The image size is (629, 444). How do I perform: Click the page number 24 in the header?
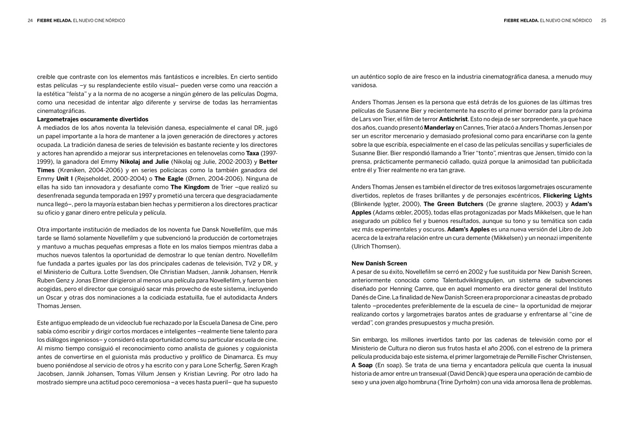30,20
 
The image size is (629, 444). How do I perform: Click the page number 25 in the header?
603,20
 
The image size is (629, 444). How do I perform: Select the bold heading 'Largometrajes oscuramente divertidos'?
92,119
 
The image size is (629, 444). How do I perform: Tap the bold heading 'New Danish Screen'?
379,263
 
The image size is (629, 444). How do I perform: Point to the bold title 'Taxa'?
253,153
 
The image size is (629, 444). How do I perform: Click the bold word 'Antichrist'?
453,119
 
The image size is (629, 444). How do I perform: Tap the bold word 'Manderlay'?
439,128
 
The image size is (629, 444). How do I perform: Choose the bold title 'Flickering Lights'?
567,196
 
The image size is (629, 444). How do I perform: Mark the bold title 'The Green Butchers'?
453,204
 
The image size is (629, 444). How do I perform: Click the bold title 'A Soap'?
362,365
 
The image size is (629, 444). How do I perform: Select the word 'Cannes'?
473,128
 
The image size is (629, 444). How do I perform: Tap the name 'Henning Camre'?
412,289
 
